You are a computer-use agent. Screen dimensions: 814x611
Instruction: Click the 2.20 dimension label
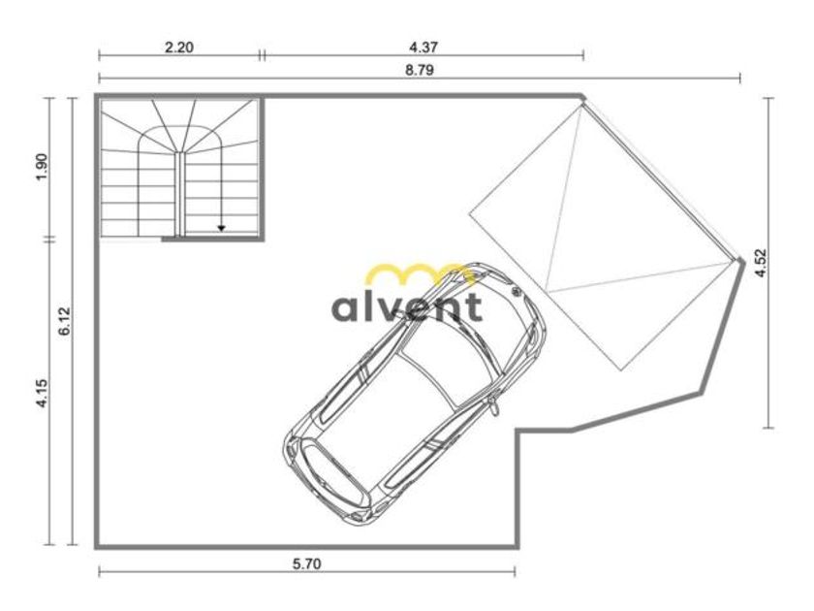pos(178,48)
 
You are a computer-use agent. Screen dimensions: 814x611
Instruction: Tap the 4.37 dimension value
pos(423,48)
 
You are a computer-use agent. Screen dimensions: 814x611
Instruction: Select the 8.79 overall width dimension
pos(419,70)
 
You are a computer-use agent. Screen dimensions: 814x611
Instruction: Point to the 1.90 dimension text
pos(42,166)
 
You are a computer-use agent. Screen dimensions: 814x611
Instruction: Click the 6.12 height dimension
pos(64,321)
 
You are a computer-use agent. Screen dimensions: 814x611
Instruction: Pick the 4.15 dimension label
pos(42,394)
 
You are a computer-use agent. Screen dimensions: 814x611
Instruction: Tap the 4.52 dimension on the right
pos(761,263)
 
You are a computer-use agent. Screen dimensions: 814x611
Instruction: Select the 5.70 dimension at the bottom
pos(307,563)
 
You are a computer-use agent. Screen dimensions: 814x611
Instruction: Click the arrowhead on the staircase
pos(221,228)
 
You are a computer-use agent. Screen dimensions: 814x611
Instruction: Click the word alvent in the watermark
pos(407,306)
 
